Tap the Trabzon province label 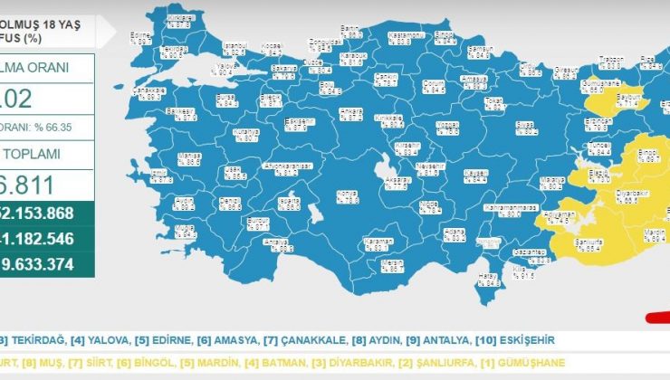point(611,63)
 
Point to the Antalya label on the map point(275,243)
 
